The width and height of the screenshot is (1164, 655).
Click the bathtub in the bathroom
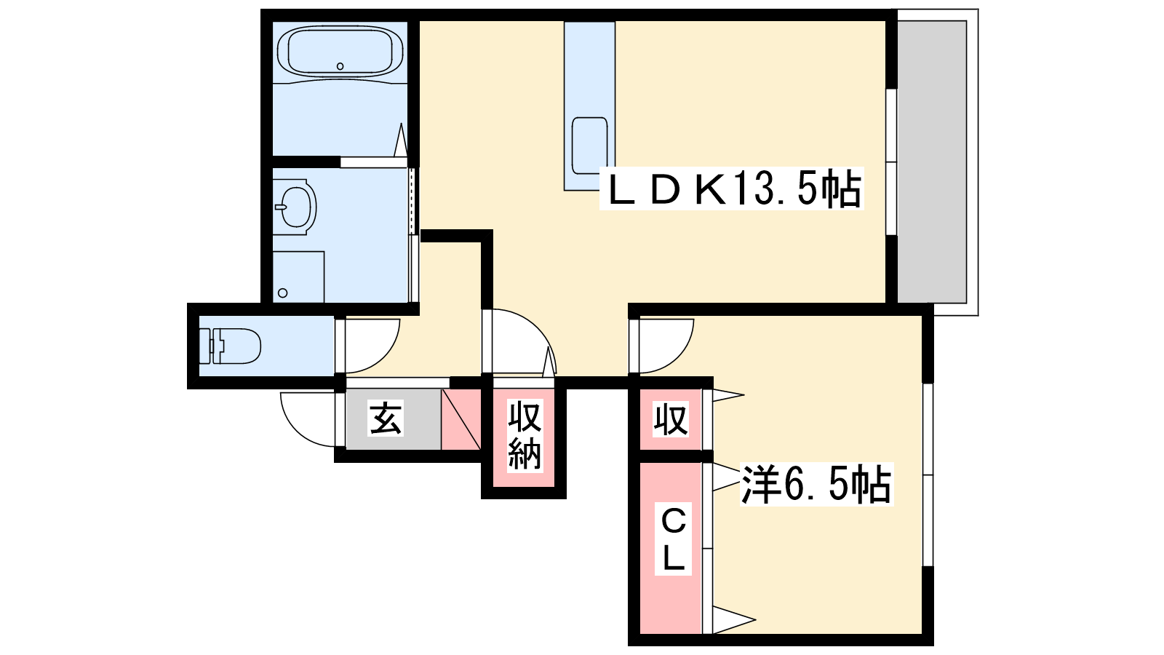(340, 52)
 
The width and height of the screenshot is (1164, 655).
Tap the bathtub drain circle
(340, 66)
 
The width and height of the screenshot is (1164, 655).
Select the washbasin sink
(295, 207)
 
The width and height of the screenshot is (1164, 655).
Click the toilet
(230, 346)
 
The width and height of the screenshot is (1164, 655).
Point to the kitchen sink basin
(589, 146)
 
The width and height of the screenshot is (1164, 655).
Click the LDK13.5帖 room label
(732, 188)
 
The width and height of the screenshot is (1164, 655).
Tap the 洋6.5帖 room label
(816, 484)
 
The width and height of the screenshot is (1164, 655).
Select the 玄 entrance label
(385, 418)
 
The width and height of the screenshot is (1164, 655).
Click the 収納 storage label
(524, 435)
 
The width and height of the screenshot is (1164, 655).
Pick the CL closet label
(673, 539)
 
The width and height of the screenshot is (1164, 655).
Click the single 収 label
(670, 418)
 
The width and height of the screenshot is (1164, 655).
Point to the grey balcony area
(932, 162)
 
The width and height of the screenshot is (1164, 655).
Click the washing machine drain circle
(283, 293)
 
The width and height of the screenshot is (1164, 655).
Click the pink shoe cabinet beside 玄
(461, 419)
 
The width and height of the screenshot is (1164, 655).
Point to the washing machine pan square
(298, 277)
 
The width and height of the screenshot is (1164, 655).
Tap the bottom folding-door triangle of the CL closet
(733, 619)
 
